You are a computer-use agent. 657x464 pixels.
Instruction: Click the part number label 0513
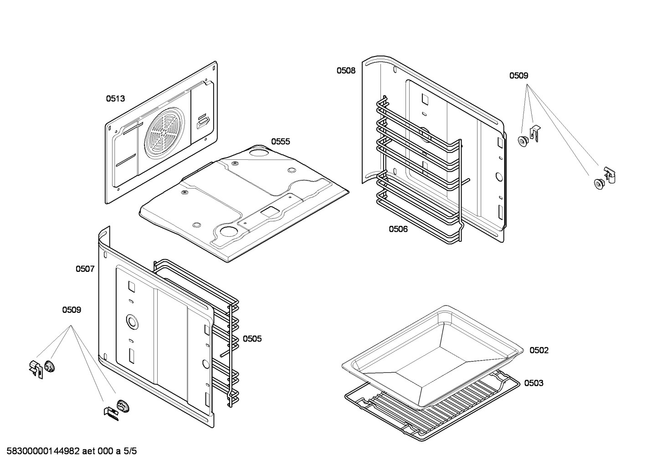point(115,98)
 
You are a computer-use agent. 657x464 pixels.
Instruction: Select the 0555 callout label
point(280,142)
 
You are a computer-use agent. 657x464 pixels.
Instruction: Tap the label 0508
point(346,71)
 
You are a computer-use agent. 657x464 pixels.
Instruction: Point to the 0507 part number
point(85,269)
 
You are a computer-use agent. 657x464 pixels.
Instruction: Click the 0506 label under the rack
point(398,229)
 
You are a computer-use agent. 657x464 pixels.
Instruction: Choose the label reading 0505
point(252,339)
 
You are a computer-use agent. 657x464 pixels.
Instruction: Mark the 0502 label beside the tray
point(539,350)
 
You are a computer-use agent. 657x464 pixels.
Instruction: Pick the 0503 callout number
point(533,383)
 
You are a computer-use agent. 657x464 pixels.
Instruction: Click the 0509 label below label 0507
point(72,310)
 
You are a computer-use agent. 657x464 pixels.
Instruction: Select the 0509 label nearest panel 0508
point(518,76)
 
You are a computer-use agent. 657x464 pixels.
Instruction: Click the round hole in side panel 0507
point(132,322)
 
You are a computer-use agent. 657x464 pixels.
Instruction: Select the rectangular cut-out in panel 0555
point(270,211)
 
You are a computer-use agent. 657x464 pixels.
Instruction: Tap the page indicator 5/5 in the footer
point(130,452)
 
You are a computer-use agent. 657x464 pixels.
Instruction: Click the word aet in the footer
point(90,452)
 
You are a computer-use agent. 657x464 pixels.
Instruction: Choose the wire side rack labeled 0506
point(419,173)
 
